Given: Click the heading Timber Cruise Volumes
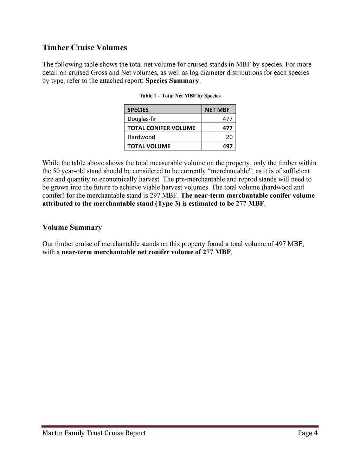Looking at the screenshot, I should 84,48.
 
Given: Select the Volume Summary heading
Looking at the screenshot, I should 72,228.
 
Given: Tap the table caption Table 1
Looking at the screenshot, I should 180,96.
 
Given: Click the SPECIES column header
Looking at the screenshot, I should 138,110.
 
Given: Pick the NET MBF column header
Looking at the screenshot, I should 217,110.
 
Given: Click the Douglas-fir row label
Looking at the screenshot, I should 142,119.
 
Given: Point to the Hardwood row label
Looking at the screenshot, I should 141,137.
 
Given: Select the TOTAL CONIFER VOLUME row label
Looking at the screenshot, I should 161,128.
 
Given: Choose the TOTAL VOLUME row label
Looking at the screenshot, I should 149,146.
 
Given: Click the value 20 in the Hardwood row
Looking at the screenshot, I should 229,137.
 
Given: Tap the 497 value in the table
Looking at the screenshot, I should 227,146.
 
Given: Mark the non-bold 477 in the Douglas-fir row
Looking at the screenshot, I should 227,119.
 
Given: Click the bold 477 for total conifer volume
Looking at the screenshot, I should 227,128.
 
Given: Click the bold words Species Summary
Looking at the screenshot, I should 172,81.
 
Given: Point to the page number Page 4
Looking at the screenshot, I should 308,433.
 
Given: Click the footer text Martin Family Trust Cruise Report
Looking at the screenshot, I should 94,433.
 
